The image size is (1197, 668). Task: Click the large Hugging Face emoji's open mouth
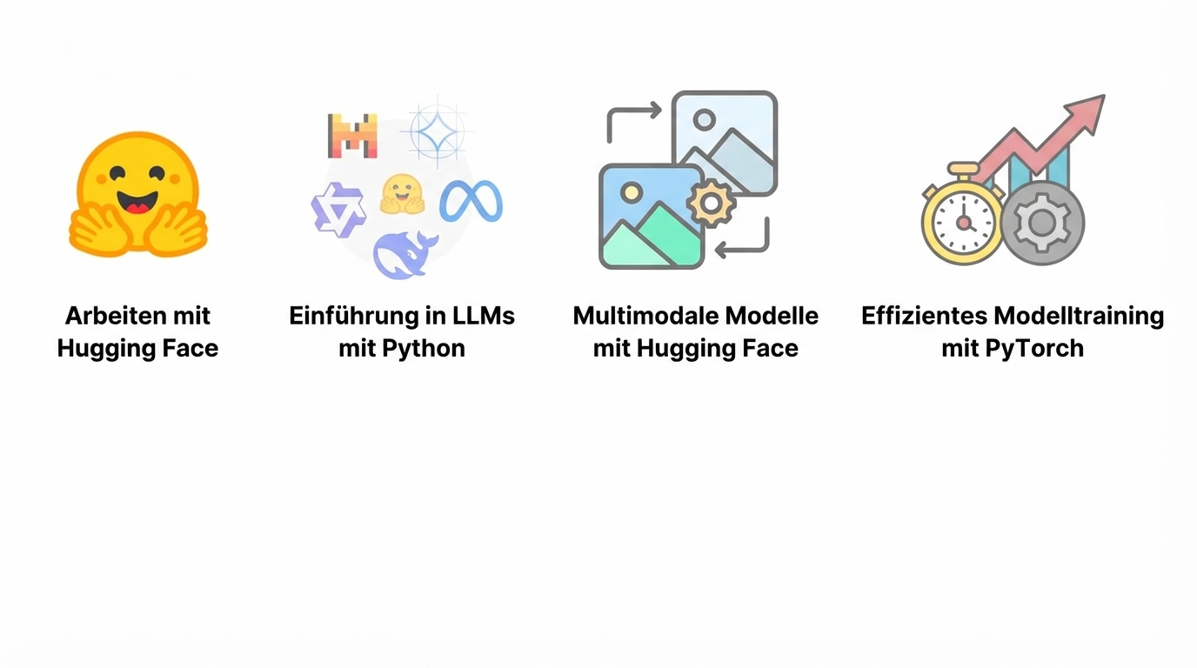137,202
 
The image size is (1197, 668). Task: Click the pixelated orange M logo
352,136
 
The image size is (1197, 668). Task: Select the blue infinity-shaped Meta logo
471,201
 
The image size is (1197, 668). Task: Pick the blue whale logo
405,255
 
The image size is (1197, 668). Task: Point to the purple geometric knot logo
338,210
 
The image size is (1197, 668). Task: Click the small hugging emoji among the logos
403,195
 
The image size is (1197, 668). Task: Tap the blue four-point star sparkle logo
437,131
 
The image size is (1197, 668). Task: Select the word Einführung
353,315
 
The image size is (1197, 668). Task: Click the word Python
424,349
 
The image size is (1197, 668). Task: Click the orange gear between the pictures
712,203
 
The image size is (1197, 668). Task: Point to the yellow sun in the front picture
632,192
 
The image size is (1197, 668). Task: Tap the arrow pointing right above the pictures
633,117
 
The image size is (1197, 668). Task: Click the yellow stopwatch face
964,223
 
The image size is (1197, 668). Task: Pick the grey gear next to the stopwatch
1042,223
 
